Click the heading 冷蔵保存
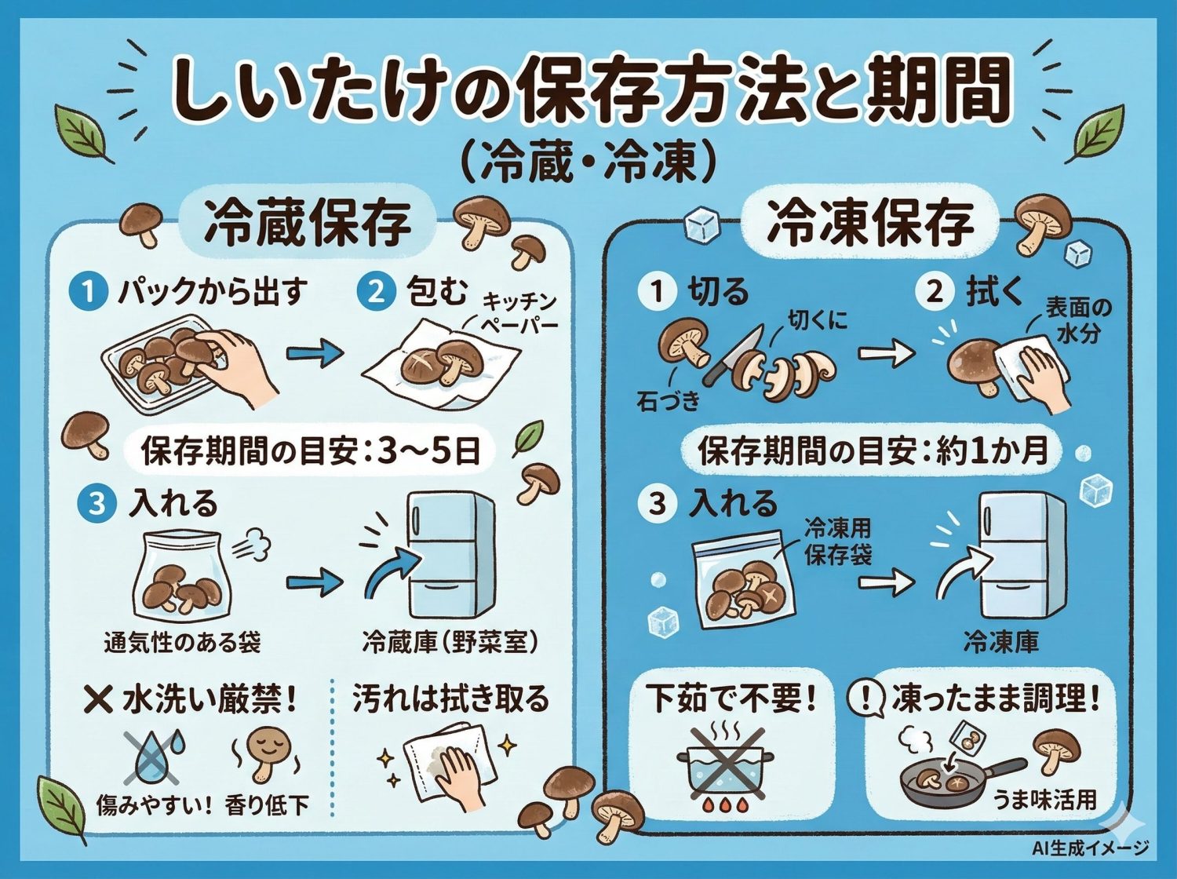[x=308, y=222]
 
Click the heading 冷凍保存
[x=870, y=222]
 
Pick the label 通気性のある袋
[x=182, y=643]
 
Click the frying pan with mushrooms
[x=953, y=781]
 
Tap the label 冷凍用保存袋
[x=838, y=542]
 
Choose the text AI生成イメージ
[x=1090, y=848]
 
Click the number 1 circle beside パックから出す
[x=88, y=292]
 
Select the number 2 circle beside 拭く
[x=935, y=291]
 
